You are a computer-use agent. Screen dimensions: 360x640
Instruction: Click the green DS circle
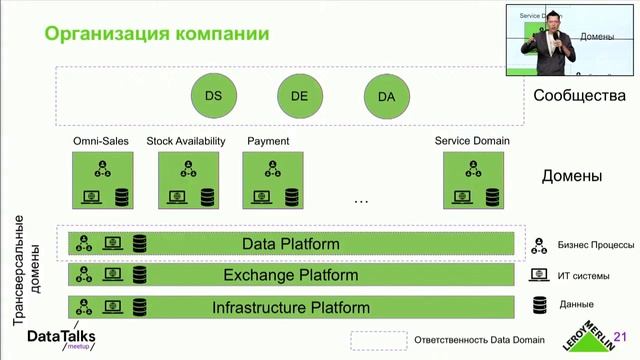click(213, 96)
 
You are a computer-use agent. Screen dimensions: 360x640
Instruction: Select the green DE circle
click(299, 96)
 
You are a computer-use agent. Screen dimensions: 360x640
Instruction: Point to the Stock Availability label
click(186, 141)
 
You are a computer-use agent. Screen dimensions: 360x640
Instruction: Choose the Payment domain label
click(267, 141)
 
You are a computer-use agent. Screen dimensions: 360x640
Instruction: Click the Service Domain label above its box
click(472, 141)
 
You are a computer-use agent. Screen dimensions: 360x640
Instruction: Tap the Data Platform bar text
click(291, 244)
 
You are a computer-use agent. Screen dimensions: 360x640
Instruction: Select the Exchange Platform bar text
click(291, 275)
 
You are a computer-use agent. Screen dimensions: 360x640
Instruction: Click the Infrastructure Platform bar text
click(291, 307)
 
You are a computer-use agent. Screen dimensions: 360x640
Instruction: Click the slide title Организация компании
click(155, 34)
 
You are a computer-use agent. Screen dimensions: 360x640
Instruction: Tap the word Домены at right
click(571, 177)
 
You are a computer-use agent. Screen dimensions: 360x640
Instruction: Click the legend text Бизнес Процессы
click(595, 245)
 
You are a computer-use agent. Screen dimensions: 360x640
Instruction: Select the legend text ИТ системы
click(583, 275)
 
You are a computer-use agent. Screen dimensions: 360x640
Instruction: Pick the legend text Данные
click(576, 304)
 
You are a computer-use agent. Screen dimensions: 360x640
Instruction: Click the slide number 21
click(620, 337)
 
